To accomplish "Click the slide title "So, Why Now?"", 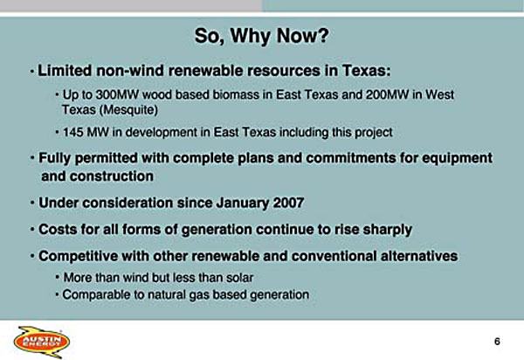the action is [x=262, y=36].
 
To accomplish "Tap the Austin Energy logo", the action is [x=42, y=342].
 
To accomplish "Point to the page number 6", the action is [x=497, y=342].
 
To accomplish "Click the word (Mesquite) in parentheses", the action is [x=128, y=110].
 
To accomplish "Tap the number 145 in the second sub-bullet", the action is [x=72, y=132].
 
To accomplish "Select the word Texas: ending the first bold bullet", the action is [x=366, y=71].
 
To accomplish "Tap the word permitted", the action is [x=107, y=158].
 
